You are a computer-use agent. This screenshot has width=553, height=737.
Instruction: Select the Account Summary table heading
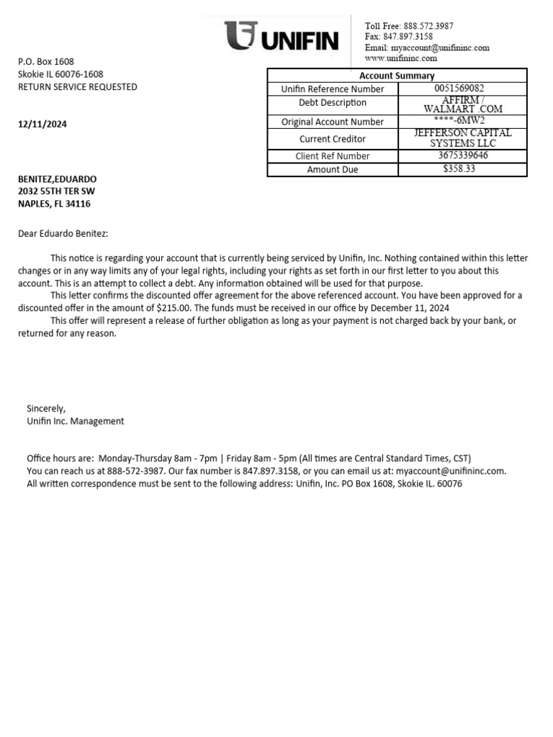tap(397, 76)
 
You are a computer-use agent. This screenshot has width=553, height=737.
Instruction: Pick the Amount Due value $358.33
tap(460, 169)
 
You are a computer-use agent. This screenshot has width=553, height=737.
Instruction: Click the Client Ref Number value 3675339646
tap(462, 155)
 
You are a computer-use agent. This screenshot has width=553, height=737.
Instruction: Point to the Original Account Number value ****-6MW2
tap(460, 121)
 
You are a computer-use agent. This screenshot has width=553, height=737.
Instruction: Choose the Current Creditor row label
tap(333, 139)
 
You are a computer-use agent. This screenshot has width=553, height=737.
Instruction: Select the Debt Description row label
tap(333, 103)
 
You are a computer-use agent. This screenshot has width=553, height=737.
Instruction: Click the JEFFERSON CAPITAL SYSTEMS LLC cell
tap(462, 138)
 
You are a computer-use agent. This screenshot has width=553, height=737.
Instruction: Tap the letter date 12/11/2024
tap(42, 124)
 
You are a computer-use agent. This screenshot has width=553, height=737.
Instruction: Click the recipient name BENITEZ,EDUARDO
tap(57, 178)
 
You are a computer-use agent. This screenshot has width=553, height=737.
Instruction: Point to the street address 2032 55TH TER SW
tap(56, 191)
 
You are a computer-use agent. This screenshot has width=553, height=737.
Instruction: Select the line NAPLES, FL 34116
tap(54, 204)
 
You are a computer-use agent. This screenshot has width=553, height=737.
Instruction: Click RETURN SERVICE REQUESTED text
tap(78, 87)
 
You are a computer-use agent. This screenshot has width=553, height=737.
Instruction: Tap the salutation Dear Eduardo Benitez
tap(63, 233)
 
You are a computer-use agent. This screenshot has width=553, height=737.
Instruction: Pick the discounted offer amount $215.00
tap(174, 308)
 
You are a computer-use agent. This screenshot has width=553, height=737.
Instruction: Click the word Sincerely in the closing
tap(46, 409)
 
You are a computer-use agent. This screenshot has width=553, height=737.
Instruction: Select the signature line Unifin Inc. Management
tap(76, 421)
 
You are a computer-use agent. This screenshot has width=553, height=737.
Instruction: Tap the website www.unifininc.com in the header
tap(401, 58)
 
